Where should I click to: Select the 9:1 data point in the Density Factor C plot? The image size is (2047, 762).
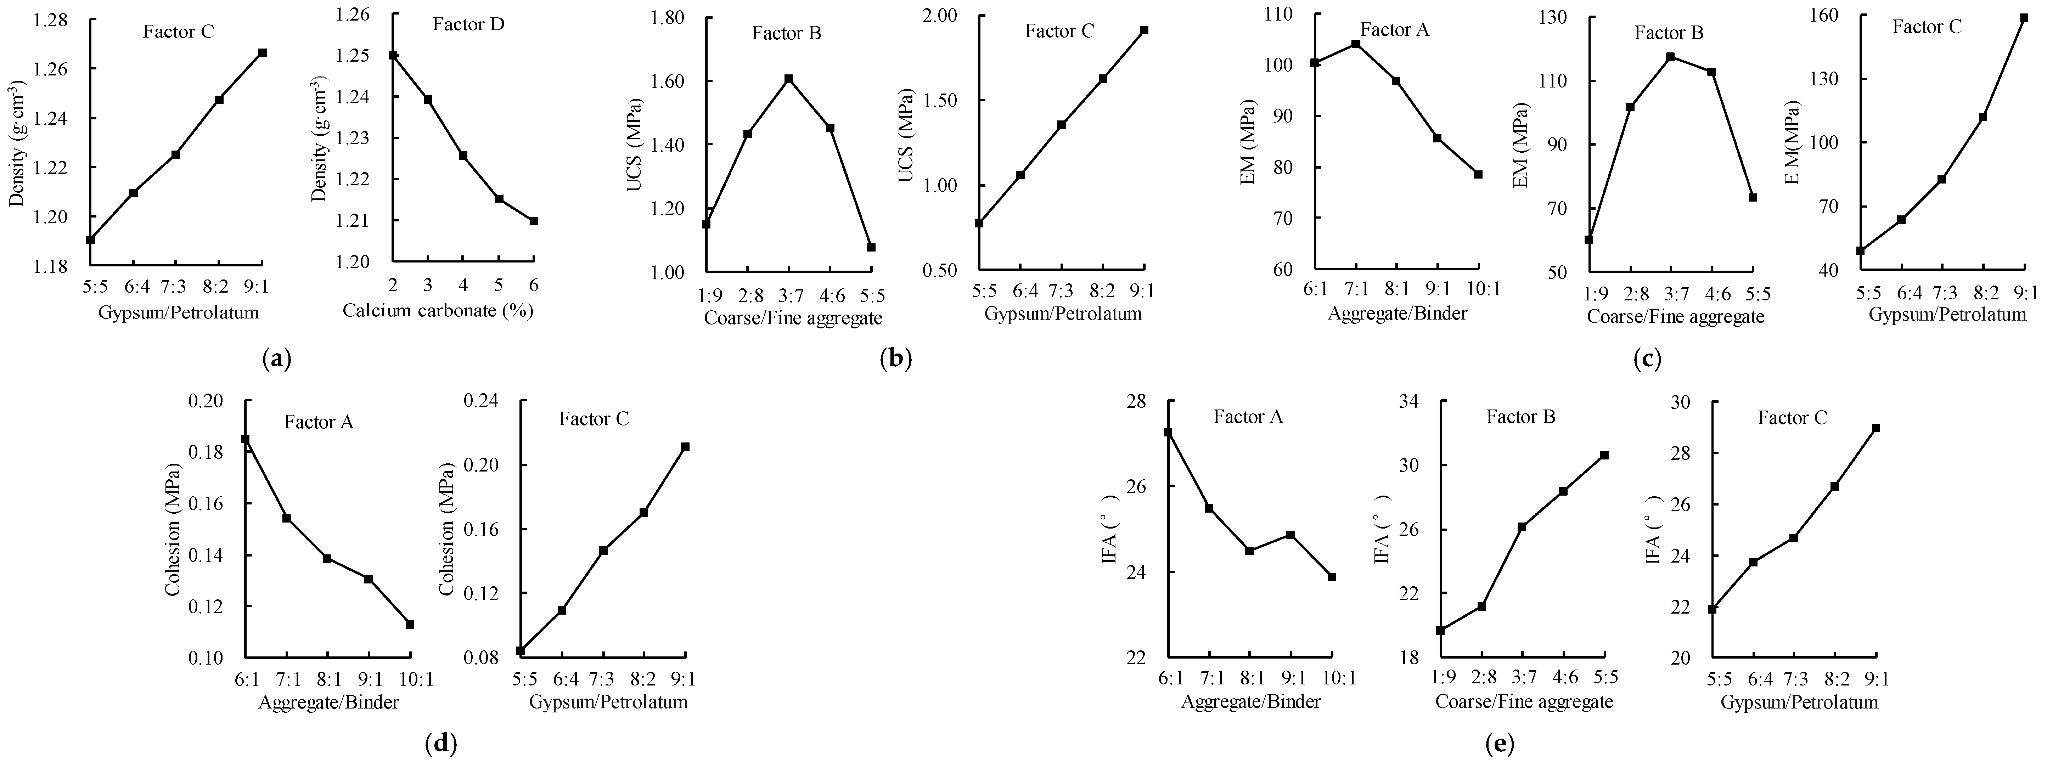[x=262, y=52]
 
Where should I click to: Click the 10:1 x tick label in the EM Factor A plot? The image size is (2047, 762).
[x=1478, y=289]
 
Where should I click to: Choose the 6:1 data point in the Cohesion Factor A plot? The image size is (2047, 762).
[x=246, y=439]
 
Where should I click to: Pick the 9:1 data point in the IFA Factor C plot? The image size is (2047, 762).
[x=1876, y=428]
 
